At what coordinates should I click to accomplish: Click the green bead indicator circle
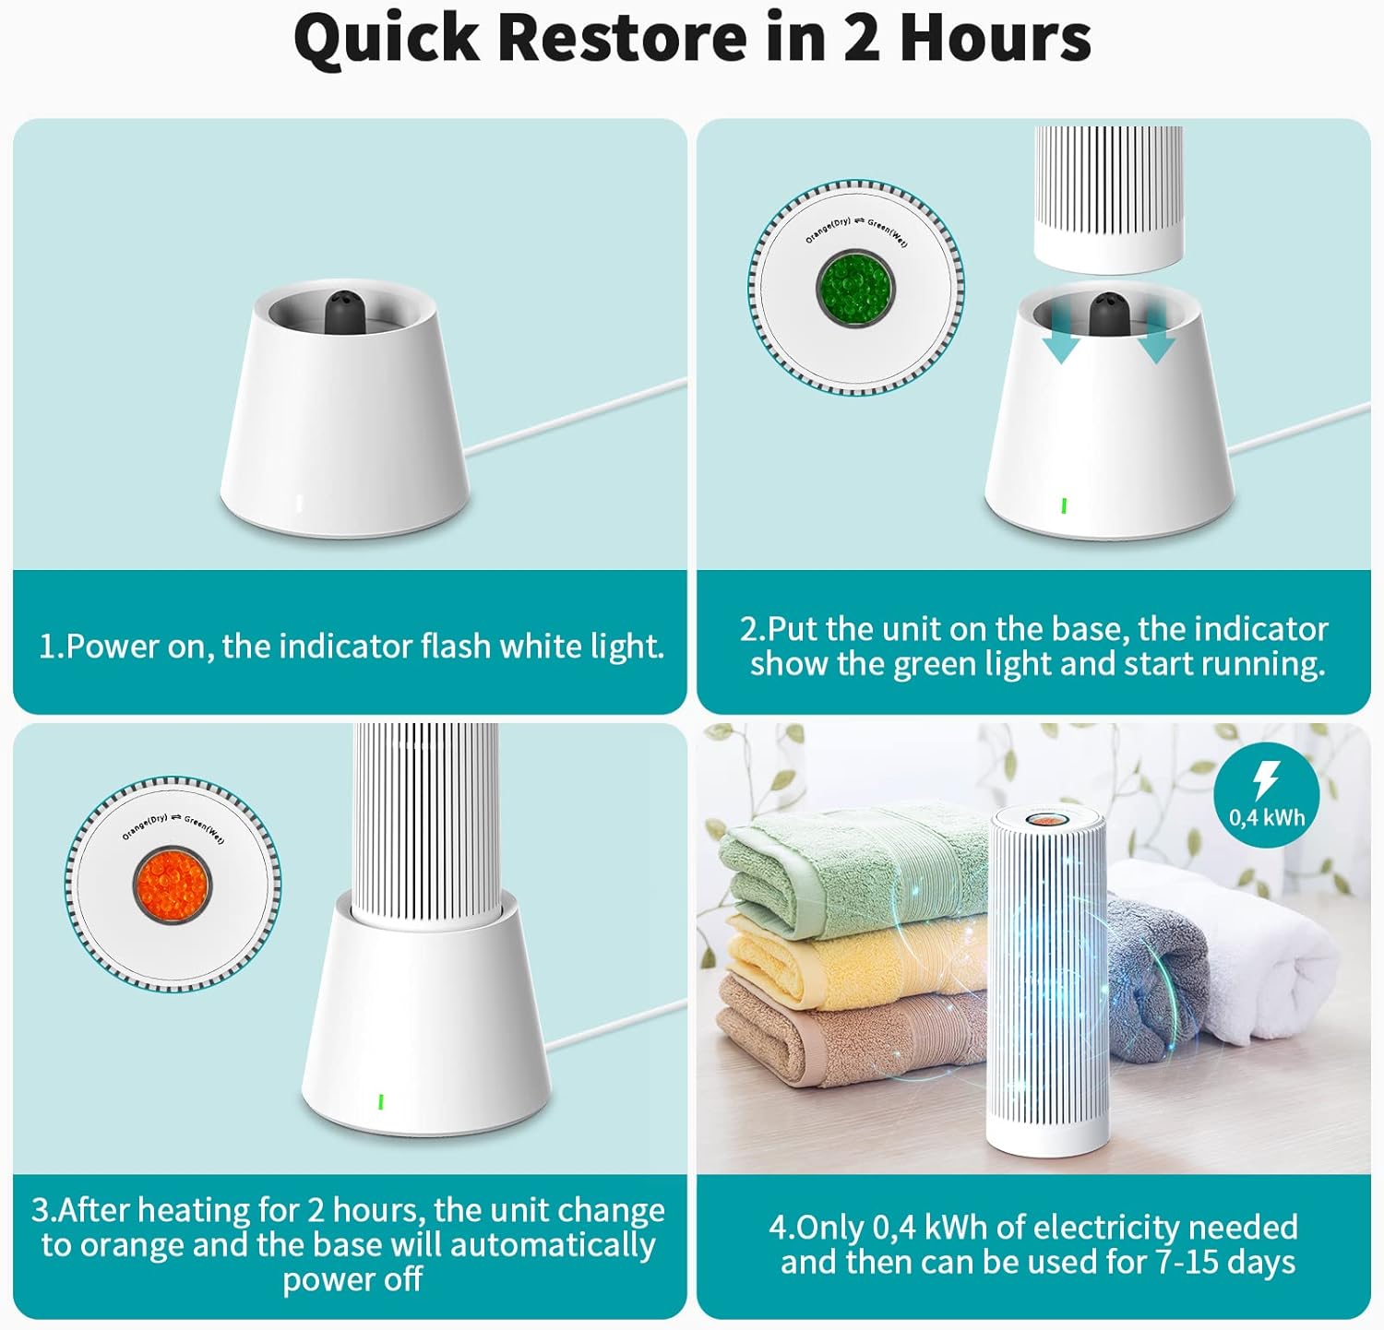click(855, 288)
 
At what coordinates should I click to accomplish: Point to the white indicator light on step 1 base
click(300, 504)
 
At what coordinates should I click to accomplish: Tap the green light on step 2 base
click(1064, 505)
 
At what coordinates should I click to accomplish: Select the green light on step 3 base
click(381, 1101)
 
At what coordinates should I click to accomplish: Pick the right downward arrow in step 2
click(1154, 334)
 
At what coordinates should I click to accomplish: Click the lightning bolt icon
click(1265, 780)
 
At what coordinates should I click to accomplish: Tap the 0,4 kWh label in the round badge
click(1267, 817)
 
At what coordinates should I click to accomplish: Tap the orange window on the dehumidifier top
click(1045, 819)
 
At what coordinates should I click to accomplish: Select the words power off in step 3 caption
click(352, 1280)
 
